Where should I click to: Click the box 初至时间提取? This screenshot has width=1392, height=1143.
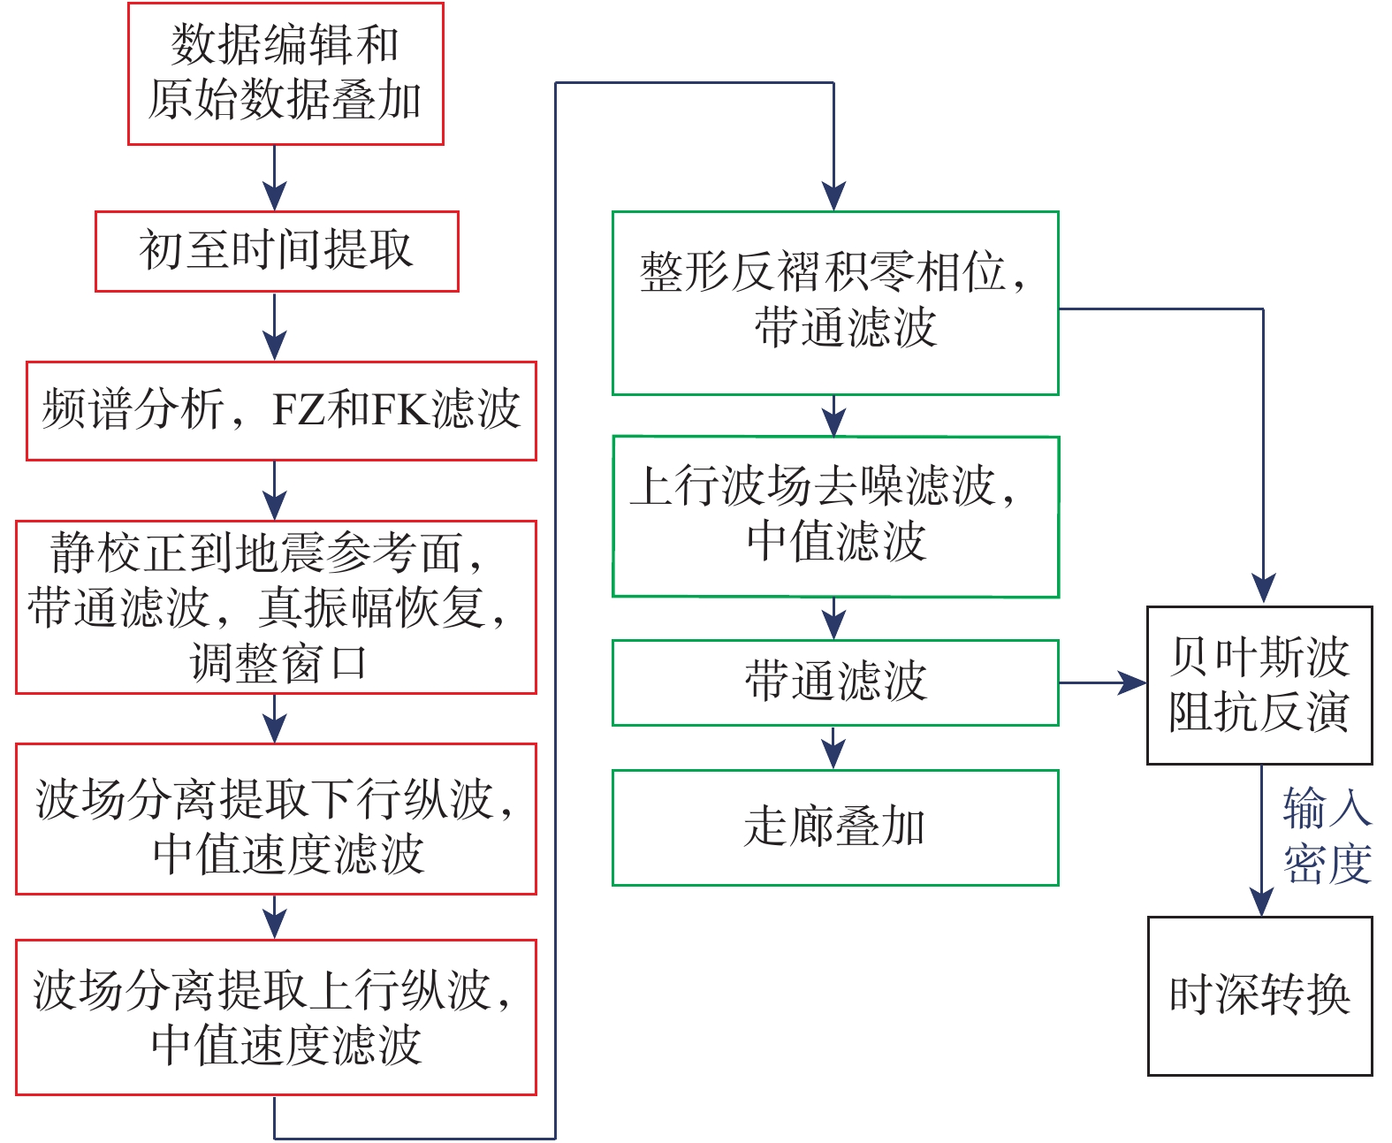pos(277,251)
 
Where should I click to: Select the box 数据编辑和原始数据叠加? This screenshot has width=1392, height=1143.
pos(285,73)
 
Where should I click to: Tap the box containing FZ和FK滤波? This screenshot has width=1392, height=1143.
pos(281,410)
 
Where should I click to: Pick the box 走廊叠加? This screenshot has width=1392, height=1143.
pos(835,827)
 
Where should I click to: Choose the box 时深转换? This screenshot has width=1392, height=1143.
pos(1259,995)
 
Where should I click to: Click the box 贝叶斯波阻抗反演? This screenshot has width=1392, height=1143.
pos(1259,685)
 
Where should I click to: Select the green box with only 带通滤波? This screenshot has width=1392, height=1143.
pos(835,682)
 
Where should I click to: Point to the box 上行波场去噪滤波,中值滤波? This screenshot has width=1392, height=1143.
pos(835,516)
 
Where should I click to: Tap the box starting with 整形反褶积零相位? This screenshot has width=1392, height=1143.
pos(835,302)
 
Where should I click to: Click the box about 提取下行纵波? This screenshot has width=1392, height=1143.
pos(276,819)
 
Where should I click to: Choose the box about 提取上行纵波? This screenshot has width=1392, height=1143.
pos(276,1017)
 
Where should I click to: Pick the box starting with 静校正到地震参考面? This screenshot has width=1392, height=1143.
pos(276,606)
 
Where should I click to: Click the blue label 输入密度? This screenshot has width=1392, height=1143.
pos(1327,836)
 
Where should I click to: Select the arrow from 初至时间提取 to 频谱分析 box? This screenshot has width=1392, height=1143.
pos(275,326)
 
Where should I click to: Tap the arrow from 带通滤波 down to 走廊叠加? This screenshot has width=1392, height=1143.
pos(833,748)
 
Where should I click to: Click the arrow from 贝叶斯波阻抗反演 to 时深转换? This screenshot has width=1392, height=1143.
pos(1261,840)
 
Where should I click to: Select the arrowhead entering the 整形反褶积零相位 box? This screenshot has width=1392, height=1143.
pos(833,196)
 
